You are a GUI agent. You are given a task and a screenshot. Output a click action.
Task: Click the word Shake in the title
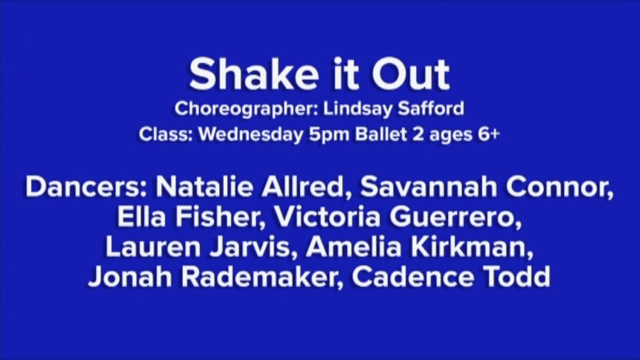[254, 74]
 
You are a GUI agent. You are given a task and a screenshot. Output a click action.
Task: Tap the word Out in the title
[410, 74]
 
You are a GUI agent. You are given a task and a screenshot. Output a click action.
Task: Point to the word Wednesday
[250, 135]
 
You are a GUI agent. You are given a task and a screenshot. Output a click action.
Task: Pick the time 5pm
[329, 135]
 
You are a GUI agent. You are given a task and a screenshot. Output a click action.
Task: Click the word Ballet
[381, 135]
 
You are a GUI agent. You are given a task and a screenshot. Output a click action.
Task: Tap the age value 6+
[488, 135]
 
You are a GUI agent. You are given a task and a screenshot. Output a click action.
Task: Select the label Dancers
[88, 187]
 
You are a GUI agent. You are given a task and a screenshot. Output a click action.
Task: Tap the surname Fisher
[219, 217]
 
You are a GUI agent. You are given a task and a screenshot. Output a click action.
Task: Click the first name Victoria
[327, 217]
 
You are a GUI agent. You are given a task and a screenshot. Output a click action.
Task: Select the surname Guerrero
[455, 217]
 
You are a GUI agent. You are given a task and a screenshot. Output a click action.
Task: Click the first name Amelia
[354, 247]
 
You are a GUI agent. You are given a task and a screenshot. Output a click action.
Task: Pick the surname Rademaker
[262, 277]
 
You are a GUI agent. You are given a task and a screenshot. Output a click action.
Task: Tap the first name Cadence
[413, 277]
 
